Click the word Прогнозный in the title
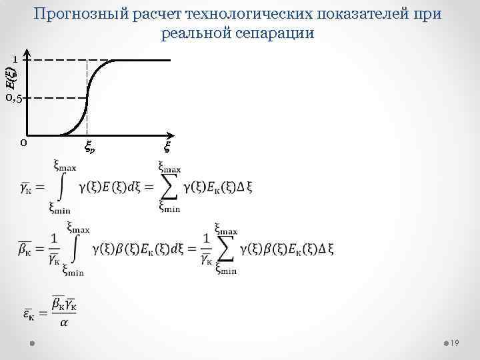pyautogui.click(x=75, y=15)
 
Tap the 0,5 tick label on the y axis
pyautogui.click(x=13, y=98)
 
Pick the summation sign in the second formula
pyautogui.click(x=225, y=249)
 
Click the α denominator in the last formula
pyautogui.click(x=63, y=323)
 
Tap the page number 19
pyautogui.click(x=455, y=343)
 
